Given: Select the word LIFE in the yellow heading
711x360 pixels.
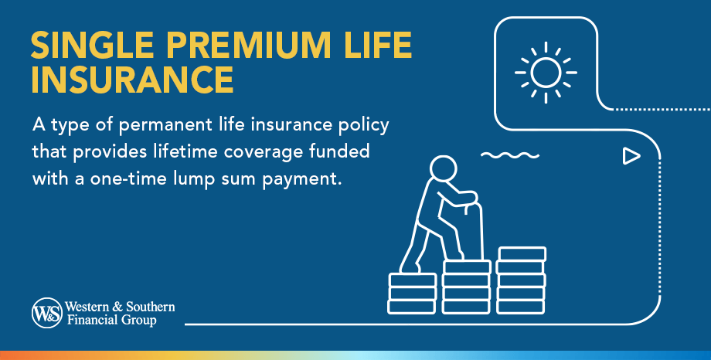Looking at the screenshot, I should pyautogui.click(x=377, y=47).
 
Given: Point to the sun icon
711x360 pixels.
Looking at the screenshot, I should pyautogui.click(x=546, y=73).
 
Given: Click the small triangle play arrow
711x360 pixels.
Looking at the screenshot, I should pyautogui.click(x=631, y=157).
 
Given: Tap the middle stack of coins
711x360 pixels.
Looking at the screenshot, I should pyautogui.click(x=466, y=286).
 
